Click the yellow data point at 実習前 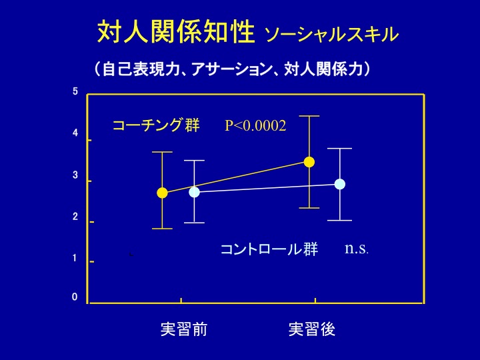pyautogui.click(x=162, y=193)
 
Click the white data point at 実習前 pyautogui.click(x=194, y=192)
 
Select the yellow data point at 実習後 pyautogui.click(x=309, y=162)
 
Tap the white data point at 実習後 pyautogui.click(x=340, y=184)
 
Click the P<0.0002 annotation pyautogui.click(x=255, y=125)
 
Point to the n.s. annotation pyautogui.click(x=357, y=248)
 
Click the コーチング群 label pyautogui.click(x=156, y=125)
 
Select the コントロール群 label pyautogui.click(x=269, y=249)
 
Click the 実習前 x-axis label pyautogui.click(x=184, y=329)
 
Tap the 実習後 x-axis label pyautogui.click(x=312, y=329)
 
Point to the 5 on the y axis pyautogui.click(x=75, y=91)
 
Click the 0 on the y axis pyautogui.click(x=75, y=297)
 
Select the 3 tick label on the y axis pyautogui.click(x=75, y=175)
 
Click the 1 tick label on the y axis pyautogui.click(x=75, y=258)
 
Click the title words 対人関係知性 pyautogui.click(x=176, y=31)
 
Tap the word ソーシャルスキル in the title pyautogui.click(x=332, y=34)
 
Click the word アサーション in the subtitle pyautogui.click(x=231, y=69)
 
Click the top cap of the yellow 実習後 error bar pyautogui.click(x=309, y=116)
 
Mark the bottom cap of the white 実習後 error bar pyautogui.click(x=340, y=221)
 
